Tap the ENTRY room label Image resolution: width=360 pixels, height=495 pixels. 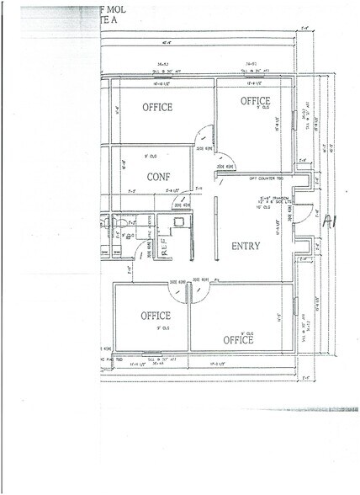(245, 247)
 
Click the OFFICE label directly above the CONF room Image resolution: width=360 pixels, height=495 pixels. (157, 108)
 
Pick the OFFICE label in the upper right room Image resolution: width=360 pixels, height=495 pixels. (256, 102)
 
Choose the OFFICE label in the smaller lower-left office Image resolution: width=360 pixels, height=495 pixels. (156, 316)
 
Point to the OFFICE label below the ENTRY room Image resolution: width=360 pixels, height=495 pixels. (238, 340)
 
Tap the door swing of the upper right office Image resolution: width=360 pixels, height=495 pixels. (225, 153)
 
